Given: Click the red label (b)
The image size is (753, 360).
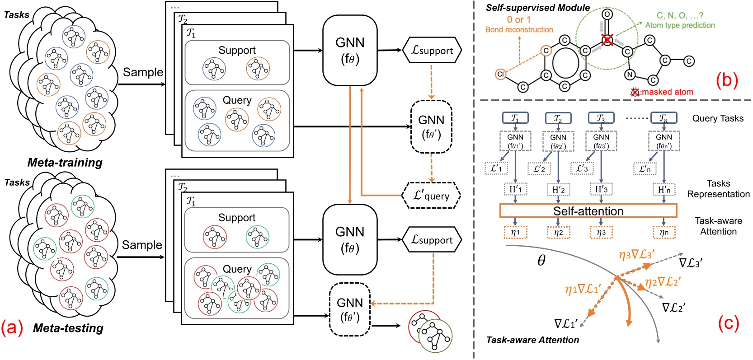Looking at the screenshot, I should (x=727, y=80).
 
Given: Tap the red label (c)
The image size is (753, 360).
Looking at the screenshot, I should (x=728, y=323).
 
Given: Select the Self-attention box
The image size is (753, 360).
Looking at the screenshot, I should (x=588, y=211).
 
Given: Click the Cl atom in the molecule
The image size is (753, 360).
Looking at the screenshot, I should (x=500, y=74).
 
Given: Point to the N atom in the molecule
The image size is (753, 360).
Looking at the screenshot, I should (x=630, y=75).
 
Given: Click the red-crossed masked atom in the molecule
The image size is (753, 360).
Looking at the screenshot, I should (x=607, y=41).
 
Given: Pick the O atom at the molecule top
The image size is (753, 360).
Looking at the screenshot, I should (x=607, y=14).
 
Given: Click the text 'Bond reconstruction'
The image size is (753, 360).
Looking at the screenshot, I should (x=519, y=30).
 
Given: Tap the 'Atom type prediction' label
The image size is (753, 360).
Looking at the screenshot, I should (x=680, y=25).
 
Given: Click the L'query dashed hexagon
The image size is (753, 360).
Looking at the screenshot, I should (x=431, y=196).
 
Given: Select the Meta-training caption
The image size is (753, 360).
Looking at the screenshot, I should (x=65, y=163).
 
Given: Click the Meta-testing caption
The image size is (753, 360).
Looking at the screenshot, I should (x=68, y=328).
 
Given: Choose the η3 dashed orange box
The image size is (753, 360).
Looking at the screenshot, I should (x=601, y=232).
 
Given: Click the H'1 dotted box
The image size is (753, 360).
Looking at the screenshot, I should (x=515, y=189).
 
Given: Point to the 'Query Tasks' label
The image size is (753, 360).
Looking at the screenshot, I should (x=717, y=118).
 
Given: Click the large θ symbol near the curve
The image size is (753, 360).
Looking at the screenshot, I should (x=541, y=260).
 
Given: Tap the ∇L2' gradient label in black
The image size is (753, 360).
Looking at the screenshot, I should (x=673, y=308).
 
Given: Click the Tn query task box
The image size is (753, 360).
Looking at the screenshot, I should (x=664, y=118).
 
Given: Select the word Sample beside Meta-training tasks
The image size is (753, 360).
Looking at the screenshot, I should (x=143, y=72).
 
